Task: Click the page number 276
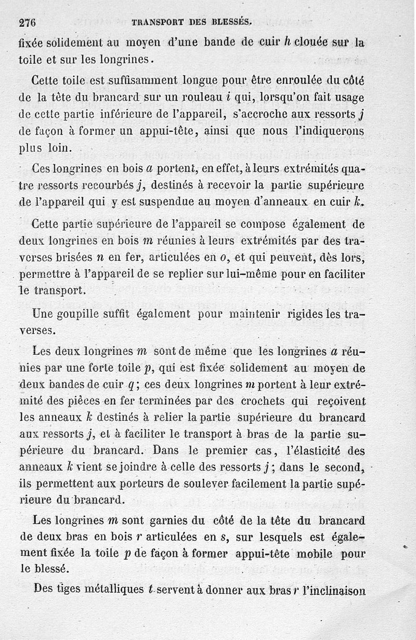tap(30, 22)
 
